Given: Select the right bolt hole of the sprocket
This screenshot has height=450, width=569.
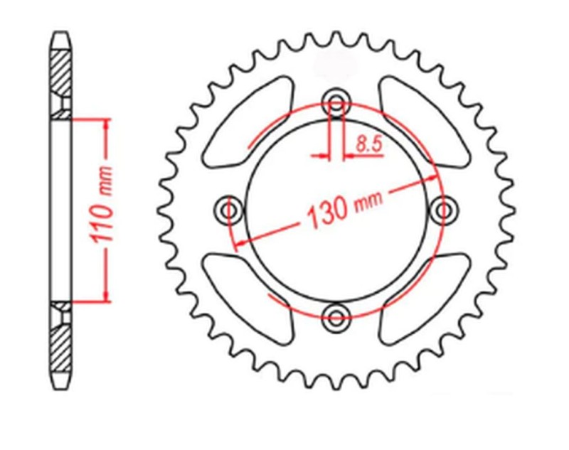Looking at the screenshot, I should (x=445, y=209).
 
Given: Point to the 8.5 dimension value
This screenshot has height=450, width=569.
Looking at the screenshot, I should (x=368, y=144).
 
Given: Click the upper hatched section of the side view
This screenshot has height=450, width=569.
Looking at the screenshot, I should (x=61, y=71).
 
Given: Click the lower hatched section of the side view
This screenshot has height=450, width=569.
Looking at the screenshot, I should (x=61, y=345).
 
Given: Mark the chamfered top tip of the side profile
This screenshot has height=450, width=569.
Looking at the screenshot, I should (x=61, y=33).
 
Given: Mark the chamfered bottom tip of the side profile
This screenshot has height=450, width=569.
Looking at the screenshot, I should (x=61, y=385).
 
